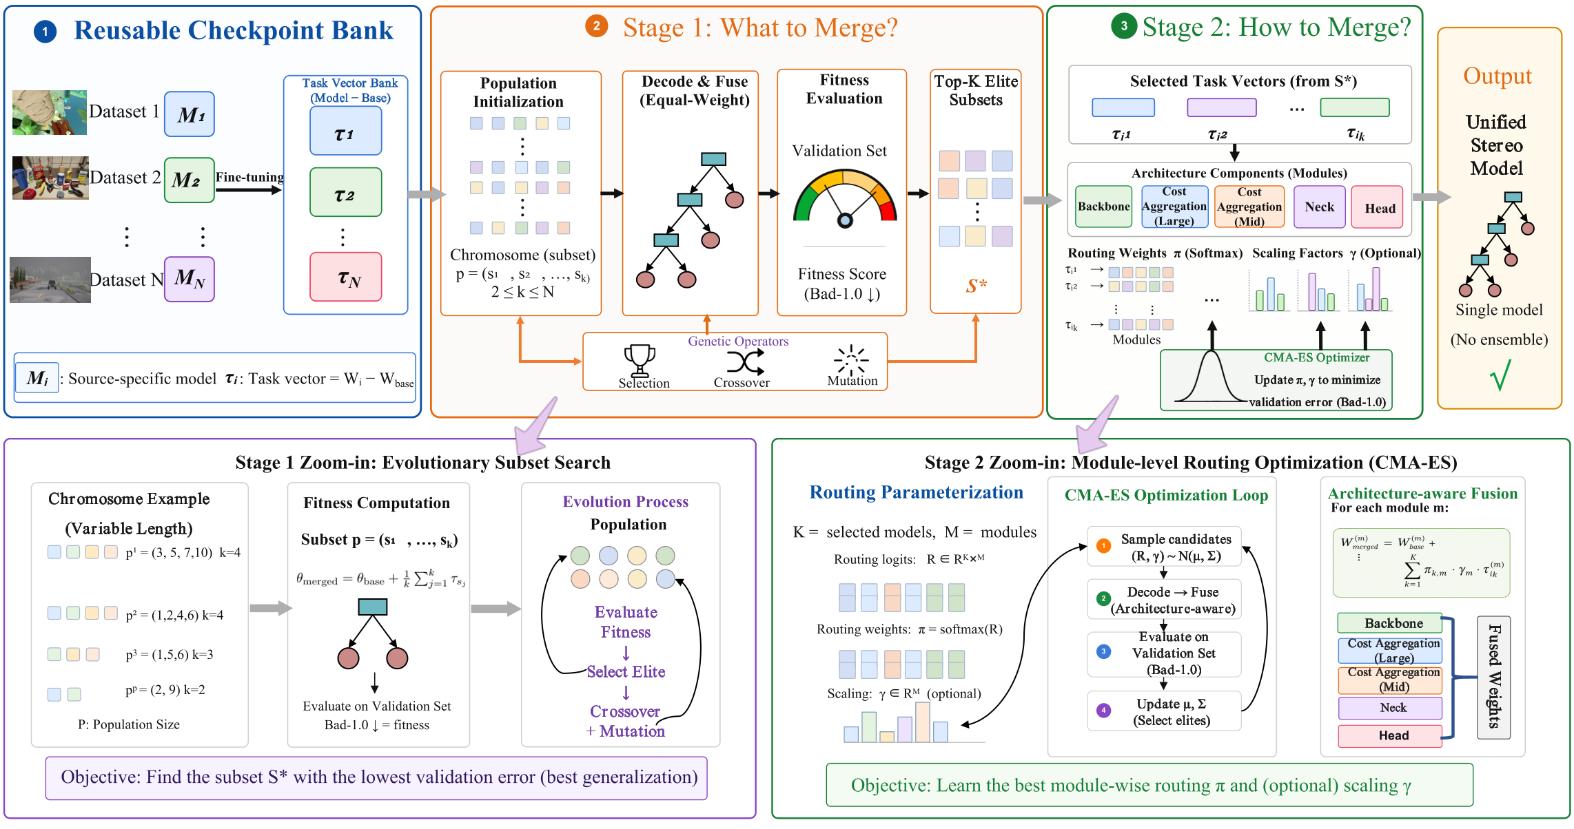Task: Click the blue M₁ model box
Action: click(x=190, y=114)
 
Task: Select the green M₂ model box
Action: click(x=190, y=180)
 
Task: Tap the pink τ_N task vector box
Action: click(x=346, y=277)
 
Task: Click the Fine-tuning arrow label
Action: click(x=249, y=177)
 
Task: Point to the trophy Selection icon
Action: click(x=640, y=359)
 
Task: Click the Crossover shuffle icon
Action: click(x=746, y=361)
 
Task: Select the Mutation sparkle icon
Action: click(x=852, y=359)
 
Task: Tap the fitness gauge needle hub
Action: click(x=845, y=220)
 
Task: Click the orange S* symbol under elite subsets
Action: click(x=977, y=285)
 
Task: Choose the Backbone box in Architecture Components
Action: click(x=1103, y=207)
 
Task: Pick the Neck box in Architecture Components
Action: click(x=1319, y=207)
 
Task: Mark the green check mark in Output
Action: click(x=1500, y=375)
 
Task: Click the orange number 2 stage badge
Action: click(x=596, y=26)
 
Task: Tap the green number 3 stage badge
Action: click(x=1124, y=26)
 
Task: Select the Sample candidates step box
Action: click(x=1164, y=547)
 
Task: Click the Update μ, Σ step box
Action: click(x=1164, y=711)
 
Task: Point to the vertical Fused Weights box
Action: click(x=1493, y=678)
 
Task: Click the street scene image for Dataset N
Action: click(x=50, y=280)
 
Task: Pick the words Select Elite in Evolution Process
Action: click(x=626, y=671)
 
